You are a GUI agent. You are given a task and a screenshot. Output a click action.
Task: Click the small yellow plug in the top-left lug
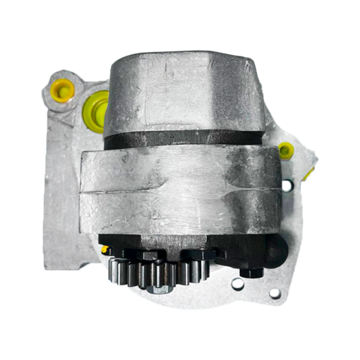tap(61, 90)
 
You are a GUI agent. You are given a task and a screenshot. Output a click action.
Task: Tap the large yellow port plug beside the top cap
tap(97, 110)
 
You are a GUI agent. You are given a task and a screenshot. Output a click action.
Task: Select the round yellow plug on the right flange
tap(285, 151)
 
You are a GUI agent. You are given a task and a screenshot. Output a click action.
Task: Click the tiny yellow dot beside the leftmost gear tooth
tap(104, 249)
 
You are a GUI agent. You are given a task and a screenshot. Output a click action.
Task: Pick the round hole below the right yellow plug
tap(287, 186)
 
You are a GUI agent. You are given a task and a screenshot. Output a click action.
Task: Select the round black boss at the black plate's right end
tap(276, 248)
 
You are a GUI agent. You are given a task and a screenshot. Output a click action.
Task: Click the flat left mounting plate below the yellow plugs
tap(62, 195)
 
